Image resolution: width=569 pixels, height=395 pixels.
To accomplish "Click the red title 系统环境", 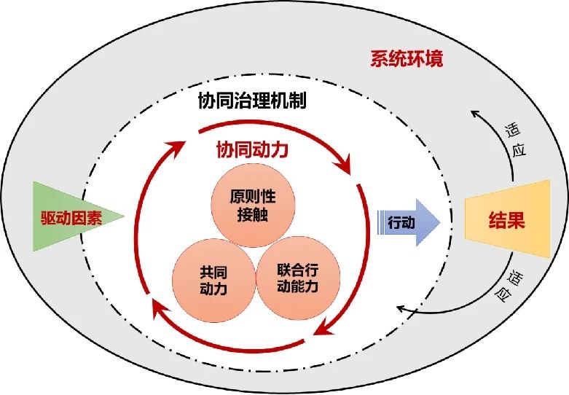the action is coord(407,59).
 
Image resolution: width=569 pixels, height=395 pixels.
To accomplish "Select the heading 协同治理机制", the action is coord(252,100).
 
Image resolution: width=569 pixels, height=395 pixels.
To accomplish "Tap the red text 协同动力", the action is coord(252,149).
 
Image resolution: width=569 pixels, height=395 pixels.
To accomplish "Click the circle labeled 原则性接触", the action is coord(253,205).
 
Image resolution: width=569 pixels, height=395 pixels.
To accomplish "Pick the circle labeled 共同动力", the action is coord(213,281).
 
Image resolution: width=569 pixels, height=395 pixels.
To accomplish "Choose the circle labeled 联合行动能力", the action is coord(298,278).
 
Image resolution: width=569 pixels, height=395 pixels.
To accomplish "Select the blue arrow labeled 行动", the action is coord(409,222).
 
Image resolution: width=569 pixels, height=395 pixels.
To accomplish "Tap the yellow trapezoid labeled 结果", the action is coord(507,219).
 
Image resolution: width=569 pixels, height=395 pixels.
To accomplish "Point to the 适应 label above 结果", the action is coord(516,140).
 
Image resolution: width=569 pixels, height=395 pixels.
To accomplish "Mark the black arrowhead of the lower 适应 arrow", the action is coord(401,309).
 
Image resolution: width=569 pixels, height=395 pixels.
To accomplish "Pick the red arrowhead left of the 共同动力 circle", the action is coord(160,310).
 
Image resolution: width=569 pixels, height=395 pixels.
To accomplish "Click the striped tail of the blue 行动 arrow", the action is coord(380,222).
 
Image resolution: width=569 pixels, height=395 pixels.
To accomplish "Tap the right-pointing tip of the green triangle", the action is coord(124,216).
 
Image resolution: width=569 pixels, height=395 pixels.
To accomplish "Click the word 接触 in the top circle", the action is coord(253,214).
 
